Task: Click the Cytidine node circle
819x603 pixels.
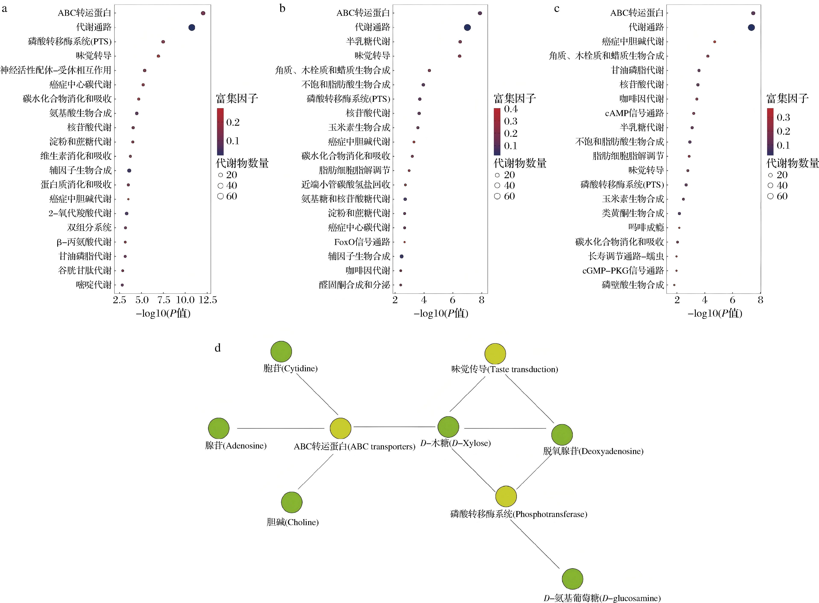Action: [x=281, y=351]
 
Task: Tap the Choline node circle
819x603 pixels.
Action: [x=292, y=502]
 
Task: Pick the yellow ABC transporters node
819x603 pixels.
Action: [x=340, y=428]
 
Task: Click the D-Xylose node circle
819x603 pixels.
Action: [x=448, y=427]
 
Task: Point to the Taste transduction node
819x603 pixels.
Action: [x=495, y=354]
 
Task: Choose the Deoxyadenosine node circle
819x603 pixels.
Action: [x=562, y=435]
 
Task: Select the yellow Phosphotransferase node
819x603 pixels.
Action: [x=506, y=496]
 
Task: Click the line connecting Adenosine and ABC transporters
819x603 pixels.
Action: [x=281, y=428]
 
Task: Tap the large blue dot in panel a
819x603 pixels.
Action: [x=191, y=27]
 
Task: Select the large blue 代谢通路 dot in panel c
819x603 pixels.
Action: [x=751, y=27]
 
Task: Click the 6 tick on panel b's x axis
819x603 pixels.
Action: [x=453, y=300]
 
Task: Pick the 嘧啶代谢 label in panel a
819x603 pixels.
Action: [x=94, y=285]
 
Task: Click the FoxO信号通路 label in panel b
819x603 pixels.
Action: [x=362, y=242]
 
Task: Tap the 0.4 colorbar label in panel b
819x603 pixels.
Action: [x=511, y=109]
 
